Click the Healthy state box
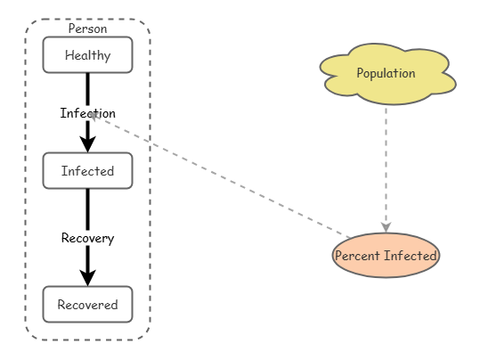click(x=88, y=55)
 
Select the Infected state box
click(x=88, y=171)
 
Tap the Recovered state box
click(x=88, y=304)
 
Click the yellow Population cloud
click(x=387, y=74)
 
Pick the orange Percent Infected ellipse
click(x=386, y=256)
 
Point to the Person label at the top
click(x=88, y=29)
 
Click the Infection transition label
click(x=88, y=113)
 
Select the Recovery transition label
click(x=88, y=238)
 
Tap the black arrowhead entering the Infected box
click(x=88, y=144)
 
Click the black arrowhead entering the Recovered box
click(x=88, y=278)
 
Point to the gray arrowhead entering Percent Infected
click(x=386, y=227)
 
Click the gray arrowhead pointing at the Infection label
click(x=94, y=116)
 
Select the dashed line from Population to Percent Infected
click(x=386, y=168)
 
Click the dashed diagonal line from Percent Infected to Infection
click(x=220, y=176)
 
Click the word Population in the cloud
click(x=386, y=73)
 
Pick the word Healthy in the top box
click(x=88, y=55)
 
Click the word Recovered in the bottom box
click(x=88, y=305)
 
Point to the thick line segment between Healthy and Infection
click(x=88, y=90)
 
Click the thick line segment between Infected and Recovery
click(x=88, y=210)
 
